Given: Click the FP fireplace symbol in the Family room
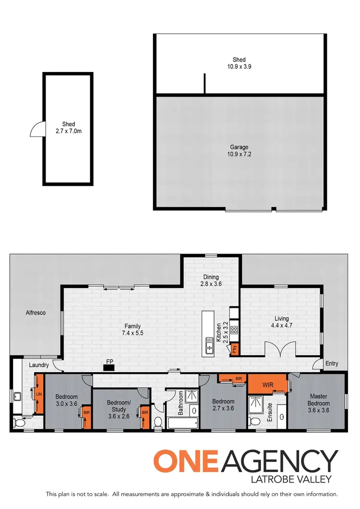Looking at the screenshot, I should (109, 368).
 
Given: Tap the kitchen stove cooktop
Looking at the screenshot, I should (234, 330).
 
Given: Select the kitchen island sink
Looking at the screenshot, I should (210, 345).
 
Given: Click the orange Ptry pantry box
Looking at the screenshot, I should (234, 349).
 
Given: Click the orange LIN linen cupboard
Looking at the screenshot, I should (39, 395).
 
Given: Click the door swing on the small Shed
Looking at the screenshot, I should (37, 129).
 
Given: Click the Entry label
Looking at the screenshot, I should (331, 364).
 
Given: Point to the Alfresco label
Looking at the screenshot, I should (36, 313).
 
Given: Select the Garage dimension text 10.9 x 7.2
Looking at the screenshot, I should (238, 155).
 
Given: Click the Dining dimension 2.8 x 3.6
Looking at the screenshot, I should (211, 284).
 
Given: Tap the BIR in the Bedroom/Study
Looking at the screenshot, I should (144, 412).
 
